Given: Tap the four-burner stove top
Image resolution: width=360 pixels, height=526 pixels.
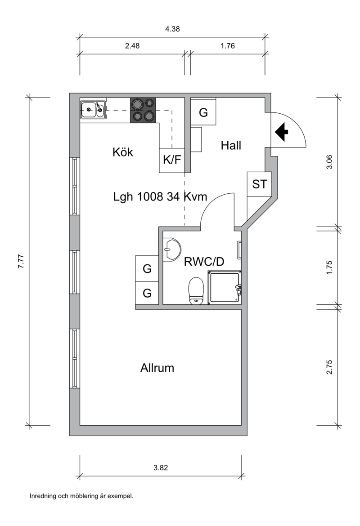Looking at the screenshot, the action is [143, 110].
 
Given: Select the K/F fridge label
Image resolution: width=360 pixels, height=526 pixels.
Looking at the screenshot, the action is [172, 160].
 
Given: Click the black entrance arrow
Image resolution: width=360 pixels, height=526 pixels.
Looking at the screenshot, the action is [281, 132].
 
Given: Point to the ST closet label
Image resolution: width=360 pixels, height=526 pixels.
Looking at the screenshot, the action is [259, 184].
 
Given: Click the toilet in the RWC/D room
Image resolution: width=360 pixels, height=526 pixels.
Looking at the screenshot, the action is [197, 290].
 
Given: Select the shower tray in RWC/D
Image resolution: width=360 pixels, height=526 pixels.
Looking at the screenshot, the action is [225, 287].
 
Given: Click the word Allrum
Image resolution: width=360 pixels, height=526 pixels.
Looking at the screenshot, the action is [157, 368].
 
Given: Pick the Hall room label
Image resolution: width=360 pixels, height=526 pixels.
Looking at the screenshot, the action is [231, 145].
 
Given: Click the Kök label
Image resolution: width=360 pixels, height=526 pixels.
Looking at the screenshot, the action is [122, 152].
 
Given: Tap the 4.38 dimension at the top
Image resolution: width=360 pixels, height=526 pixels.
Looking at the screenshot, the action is [172, 29].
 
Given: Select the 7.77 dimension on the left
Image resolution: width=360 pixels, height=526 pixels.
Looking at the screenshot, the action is [21, 261].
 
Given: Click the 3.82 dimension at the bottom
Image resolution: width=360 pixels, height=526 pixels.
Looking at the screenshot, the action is [161, 467].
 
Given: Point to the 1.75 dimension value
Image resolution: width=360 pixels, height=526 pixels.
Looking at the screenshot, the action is [329, 267].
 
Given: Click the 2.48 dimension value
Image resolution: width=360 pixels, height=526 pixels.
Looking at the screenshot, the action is [132, 45].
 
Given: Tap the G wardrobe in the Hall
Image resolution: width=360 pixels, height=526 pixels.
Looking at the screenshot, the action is [203, 111].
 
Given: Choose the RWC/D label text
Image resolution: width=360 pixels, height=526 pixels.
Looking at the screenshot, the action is [204, 261].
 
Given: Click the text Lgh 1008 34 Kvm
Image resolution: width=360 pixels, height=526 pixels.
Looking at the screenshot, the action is [160, 196].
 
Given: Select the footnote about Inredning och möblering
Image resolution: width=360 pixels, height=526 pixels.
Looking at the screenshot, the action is [81, 496].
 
